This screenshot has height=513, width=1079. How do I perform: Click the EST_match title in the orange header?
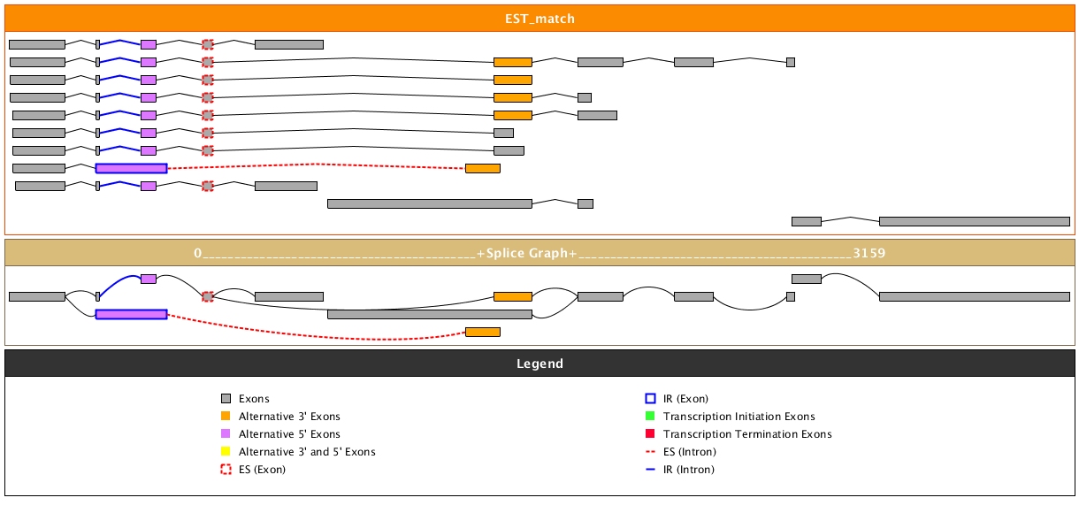539,18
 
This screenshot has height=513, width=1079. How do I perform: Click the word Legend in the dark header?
539,364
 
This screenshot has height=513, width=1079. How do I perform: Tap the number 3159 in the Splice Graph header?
869,253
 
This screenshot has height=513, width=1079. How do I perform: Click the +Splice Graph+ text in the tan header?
526,253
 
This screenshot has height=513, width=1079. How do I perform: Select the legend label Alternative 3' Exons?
289,417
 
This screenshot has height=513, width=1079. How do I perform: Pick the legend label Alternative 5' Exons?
289,434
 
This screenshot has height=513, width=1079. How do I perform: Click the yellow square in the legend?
226,452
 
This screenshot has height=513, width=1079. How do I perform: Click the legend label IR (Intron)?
689,470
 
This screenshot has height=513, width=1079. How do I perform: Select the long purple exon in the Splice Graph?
131,314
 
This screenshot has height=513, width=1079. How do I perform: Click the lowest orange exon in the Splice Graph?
483,332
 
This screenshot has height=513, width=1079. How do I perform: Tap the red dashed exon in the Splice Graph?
208,296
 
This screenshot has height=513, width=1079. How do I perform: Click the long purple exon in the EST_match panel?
131,168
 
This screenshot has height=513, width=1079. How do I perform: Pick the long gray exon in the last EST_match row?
974,221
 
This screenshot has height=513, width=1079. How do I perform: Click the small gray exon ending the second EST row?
791,62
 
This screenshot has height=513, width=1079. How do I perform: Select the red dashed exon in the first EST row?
208,44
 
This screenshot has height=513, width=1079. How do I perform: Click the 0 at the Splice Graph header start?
198,253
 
